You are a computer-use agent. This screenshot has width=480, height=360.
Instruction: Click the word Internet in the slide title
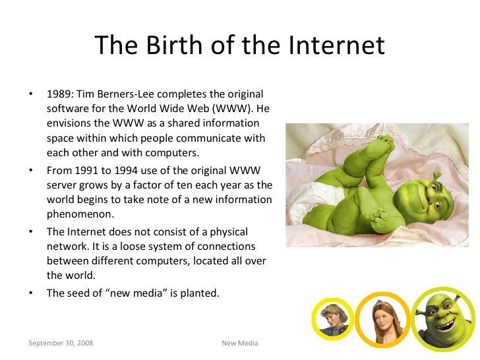click(336, 45)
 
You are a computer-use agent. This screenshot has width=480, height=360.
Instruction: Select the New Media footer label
click(239, 344)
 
